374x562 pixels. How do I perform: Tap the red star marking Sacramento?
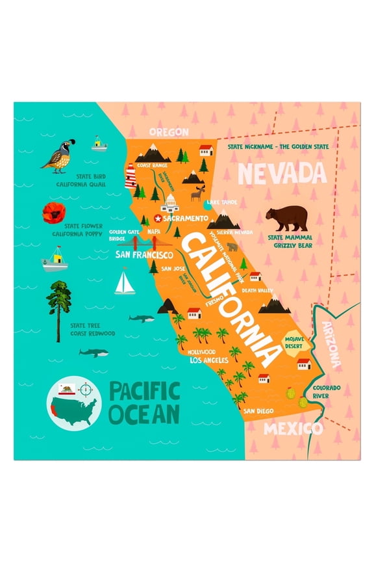point(157,218)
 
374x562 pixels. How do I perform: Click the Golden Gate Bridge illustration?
point(136,243)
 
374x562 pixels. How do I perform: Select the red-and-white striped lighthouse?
point(130,176)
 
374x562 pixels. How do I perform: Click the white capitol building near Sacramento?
point(171,203)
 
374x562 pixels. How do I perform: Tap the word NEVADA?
point(281,174)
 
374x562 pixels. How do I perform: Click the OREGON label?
point(169,132)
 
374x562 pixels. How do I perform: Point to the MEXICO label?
point(292,429)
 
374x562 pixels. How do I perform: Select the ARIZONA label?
point(332,345)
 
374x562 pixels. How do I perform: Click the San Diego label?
point(258,411)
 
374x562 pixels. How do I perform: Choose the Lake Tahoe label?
point(221,202)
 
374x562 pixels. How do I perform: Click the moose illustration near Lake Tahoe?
point(197,193)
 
